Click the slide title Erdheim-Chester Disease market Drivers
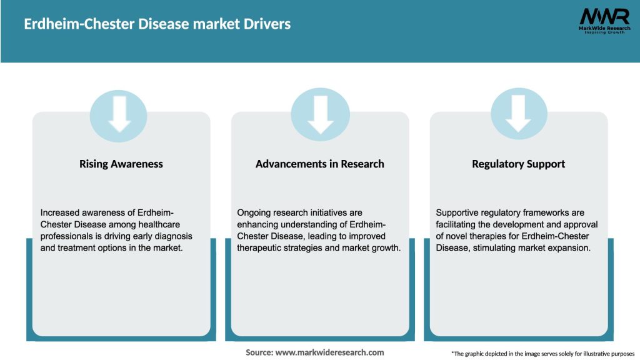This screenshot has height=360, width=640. (157, 24)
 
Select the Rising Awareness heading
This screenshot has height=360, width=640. (121, 164)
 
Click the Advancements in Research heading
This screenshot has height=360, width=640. (319, 164)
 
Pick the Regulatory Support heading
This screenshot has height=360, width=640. (518, 164)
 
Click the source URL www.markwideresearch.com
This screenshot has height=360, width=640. (329, 352)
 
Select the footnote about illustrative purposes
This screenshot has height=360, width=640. (542, 354)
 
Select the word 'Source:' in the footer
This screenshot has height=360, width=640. (259, 352)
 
